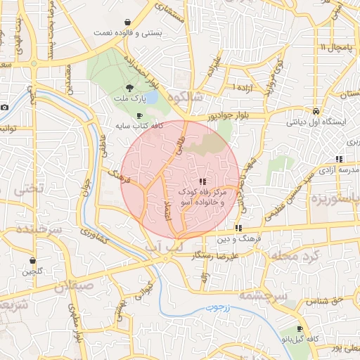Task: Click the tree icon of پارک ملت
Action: [129, 89]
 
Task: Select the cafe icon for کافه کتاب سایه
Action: [139, 115]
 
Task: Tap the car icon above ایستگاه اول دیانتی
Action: [317, 112]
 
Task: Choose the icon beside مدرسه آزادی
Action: [339, 160]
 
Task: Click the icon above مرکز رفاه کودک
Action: [203, 181]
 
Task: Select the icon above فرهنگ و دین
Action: [239, 228]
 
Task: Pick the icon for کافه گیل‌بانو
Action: [300, 329]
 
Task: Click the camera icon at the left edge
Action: [4, 108]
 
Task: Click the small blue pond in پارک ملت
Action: [150, 96]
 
